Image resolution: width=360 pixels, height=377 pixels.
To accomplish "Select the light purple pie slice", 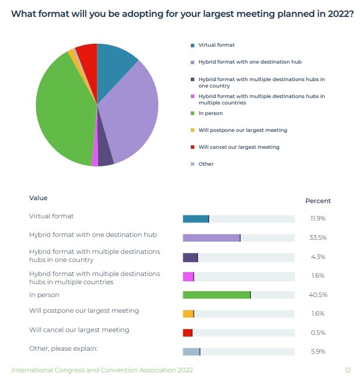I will [x=131, y=108].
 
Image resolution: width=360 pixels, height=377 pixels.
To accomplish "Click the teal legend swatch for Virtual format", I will [x=192, y=45].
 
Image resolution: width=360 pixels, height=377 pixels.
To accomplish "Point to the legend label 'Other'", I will [x=206, y=164].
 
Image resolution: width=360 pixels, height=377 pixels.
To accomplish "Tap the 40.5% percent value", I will [x=317, y=295].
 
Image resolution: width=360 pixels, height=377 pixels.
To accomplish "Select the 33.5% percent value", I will [x=317, y=238].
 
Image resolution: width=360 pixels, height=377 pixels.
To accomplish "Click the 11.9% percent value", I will [x=317, y=218].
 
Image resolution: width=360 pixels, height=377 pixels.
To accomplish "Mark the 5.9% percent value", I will [x=317, y=351].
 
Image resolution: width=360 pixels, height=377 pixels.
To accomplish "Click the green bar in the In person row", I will [x=216, y=295].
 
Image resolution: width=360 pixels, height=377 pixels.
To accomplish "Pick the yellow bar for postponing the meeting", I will [x=188, y=313].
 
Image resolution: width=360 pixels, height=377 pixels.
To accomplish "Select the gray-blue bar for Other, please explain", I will [x=191, y=351].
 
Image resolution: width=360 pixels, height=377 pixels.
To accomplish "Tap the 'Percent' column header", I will [x=318, y=201].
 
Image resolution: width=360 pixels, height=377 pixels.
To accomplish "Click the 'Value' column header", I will [x=39, y=198].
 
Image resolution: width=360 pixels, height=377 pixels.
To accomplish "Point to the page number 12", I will [x=347, y=370].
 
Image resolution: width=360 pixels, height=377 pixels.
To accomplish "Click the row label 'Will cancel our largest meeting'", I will [x=79, y=330].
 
